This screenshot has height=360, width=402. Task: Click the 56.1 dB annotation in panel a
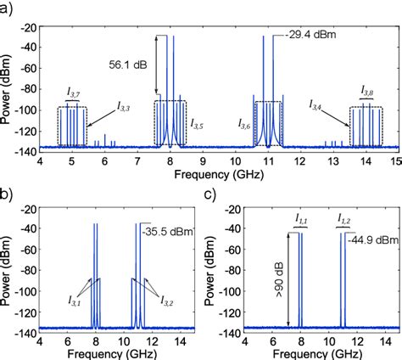coord(131,63)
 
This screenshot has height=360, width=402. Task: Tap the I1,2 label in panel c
coord(344,218)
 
